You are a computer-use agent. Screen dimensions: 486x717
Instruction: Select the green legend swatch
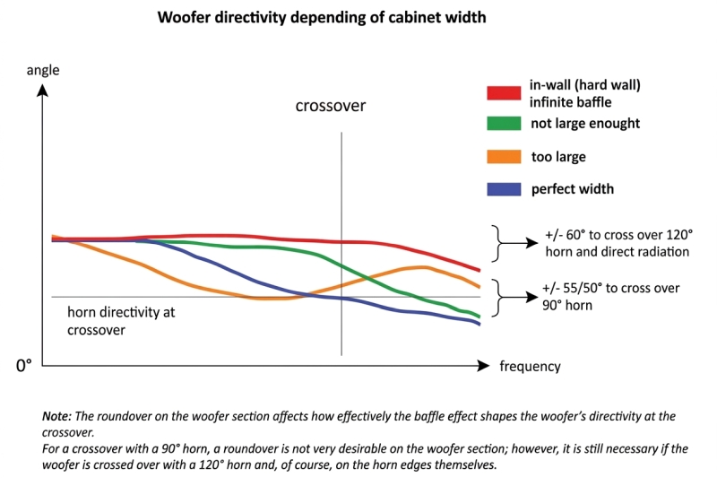click(504, 124)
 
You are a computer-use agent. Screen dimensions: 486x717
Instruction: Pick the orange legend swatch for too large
click(504, 157)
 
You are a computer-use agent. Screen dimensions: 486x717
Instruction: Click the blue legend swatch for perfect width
click(504, 189)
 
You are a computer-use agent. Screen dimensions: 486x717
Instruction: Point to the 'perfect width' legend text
click(573, 189)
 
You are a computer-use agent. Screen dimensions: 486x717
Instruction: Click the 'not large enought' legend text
click(585, 124)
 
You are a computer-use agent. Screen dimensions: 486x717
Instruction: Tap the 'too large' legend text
click(558, 157)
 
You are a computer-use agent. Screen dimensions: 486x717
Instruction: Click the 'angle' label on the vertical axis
click(43, 69)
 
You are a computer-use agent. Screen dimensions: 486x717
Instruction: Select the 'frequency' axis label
click(530, 366)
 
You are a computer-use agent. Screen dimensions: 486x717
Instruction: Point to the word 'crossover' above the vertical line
click(331, 106)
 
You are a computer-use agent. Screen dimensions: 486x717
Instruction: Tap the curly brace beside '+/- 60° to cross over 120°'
click(497, 243)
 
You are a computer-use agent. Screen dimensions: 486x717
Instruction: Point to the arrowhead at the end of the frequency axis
click(485, 366)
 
